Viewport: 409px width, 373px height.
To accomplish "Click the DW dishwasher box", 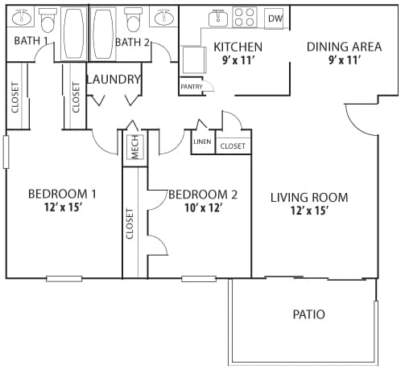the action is coord(274,18).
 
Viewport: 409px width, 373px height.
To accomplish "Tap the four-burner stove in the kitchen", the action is coord(245,18).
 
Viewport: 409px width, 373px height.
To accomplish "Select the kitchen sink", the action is coord(218,18).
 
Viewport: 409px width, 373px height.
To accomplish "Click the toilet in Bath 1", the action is coord(48,20).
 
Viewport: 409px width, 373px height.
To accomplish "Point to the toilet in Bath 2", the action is coord(133,19).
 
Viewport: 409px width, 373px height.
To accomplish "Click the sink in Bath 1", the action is coord(22,17).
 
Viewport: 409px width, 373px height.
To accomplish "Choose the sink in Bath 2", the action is coord(164,17).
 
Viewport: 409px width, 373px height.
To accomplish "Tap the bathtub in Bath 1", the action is coord(74,34).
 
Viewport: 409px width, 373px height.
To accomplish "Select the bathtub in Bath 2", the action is coord(103,34).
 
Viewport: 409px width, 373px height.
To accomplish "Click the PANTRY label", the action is coord(192,87).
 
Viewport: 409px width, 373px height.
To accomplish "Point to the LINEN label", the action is coord(202,141).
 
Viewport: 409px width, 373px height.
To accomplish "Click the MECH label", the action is coord(135,147).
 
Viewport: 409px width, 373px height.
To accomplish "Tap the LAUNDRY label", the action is coord(114,80).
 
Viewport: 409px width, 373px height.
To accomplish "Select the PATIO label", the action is coord(309,314).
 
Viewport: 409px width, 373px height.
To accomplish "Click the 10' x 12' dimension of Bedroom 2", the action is coord(203,207).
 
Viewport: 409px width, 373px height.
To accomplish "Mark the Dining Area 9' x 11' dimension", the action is coord(344,60).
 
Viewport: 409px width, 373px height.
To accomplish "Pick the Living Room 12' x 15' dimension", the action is coord(309,211).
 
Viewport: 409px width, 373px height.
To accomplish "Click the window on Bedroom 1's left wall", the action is coord(6,152).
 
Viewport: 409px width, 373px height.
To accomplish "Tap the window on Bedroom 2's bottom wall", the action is coord(199,279).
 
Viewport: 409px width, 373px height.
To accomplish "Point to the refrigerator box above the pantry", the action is coord(194,59).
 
